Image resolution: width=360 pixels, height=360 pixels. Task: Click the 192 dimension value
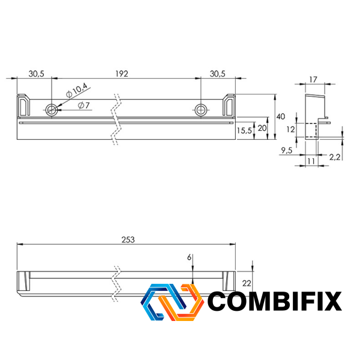pyautogui.click(x=122, y=74)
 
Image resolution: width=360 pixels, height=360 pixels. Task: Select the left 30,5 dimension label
pyautogui.click(x=36, y=74)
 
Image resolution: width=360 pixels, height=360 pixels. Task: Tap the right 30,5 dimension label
pyautogui.click(x=217, y=74)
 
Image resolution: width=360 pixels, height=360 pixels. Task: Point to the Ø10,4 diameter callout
pyautogui.click(x=76, y=90)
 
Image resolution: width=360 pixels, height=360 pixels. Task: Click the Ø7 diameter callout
pyautogui.click(x=83, y=106)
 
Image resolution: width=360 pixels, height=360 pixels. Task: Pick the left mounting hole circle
pyautogui.click(x=52, y=110)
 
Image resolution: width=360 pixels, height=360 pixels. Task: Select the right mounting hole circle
pyautogui.click(x=200, y=110)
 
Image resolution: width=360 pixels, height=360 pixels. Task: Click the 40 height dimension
pyautogui.click(x=280, y=116)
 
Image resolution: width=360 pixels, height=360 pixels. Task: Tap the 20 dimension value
pyautogui.click(x=262, y=128)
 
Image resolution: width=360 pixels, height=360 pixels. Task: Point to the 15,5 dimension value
pyautogui.click(x=244, y=131)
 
